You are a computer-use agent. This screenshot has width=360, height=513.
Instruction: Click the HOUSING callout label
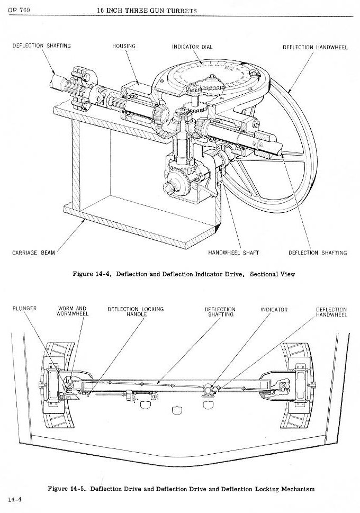123,46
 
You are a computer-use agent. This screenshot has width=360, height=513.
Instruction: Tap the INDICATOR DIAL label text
192,47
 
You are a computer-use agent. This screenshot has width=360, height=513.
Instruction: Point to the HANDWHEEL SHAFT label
233,253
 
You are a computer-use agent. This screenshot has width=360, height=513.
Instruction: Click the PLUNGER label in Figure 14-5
24,309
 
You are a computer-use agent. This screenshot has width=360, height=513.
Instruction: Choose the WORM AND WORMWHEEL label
72,311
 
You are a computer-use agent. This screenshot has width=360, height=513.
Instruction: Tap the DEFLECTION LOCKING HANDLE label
136,311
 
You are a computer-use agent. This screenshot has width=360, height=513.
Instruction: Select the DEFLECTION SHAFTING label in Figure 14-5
220,311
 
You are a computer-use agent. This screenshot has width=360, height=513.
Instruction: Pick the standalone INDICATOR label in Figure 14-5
274,310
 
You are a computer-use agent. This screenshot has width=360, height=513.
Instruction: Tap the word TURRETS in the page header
179,11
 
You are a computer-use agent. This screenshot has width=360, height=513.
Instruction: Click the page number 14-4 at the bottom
14,499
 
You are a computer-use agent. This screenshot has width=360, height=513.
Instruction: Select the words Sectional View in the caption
272,274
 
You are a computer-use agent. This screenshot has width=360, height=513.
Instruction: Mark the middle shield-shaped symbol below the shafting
176,409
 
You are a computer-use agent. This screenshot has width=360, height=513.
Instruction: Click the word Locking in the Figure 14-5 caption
256,489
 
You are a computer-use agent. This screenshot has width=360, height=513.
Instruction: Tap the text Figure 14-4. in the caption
92,274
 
